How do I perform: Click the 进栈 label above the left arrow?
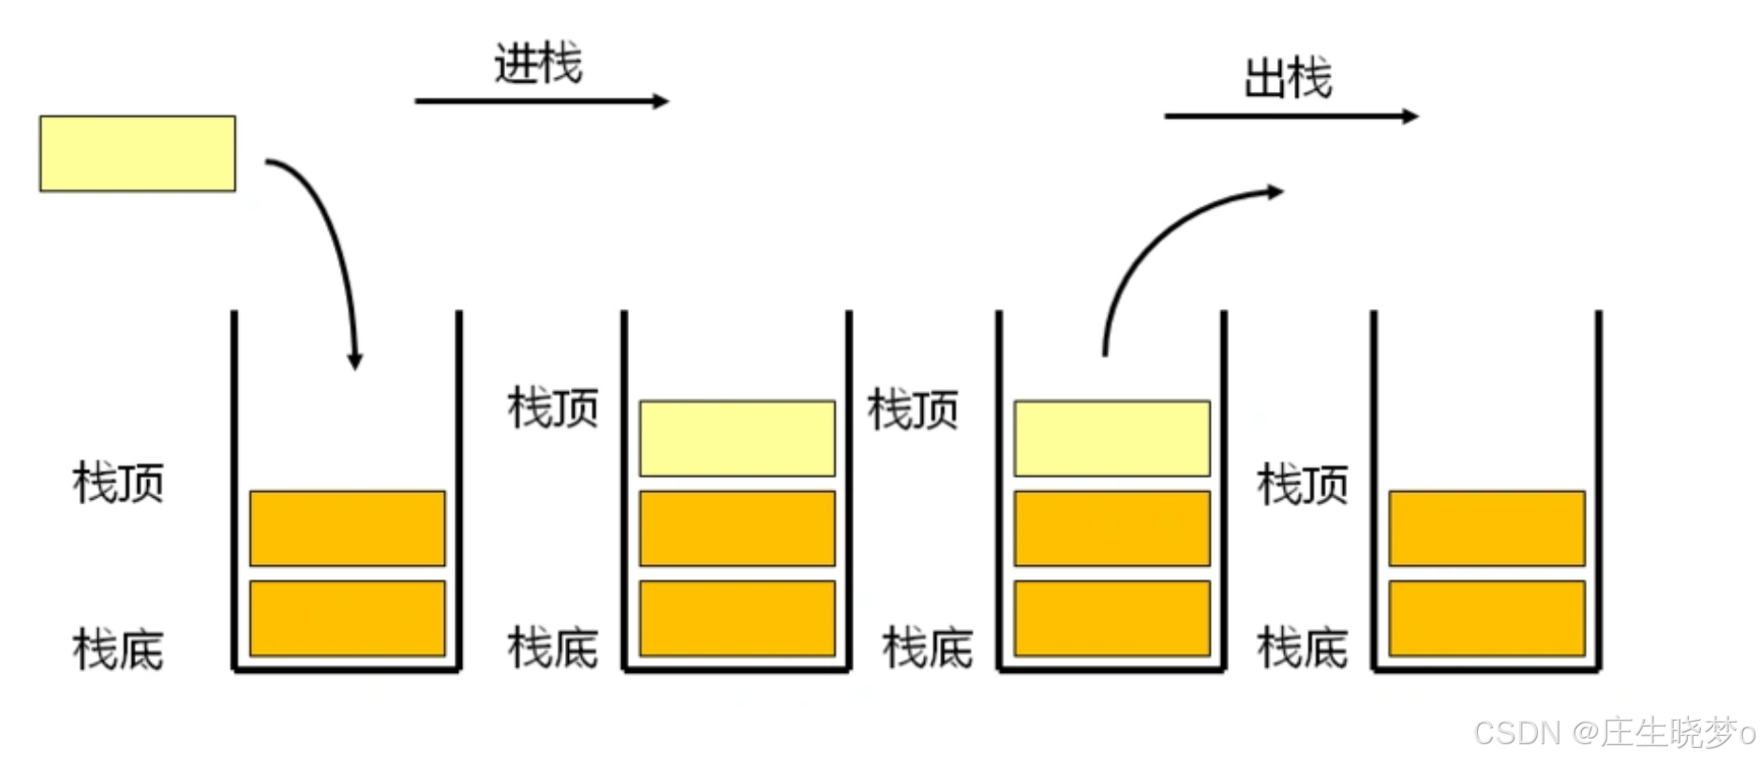point(538,64)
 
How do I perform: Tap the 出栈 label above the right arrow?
point(1288,78)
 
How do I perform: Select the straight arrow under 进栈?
point(542,101)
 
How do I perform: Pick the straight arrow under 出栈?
point(1290,116)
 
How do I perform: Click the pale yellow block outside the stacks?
point(138,154)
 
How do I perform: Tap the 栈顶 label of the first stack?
point(118,483)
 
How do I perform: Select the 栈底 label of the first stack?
point(118,650)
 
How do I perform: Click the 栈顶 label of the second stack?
point(553,409)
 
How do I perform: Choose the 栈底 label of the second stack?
point(553,648)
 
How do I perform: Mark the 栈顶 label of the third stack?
point(913,410)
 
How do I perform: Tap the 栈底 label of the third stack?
point(928,648)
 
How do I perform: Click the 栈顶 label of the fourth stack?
point(1303,485)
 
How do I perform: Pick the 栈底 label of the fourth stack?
point(1303,648)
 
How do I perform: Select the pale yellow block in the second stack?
point(738,439)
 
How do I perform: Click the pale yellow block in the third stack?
point(1112,439)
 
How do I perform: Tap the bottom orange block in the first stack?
point(348,619)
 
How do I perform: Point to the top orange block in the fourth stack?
point(1487,529)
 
